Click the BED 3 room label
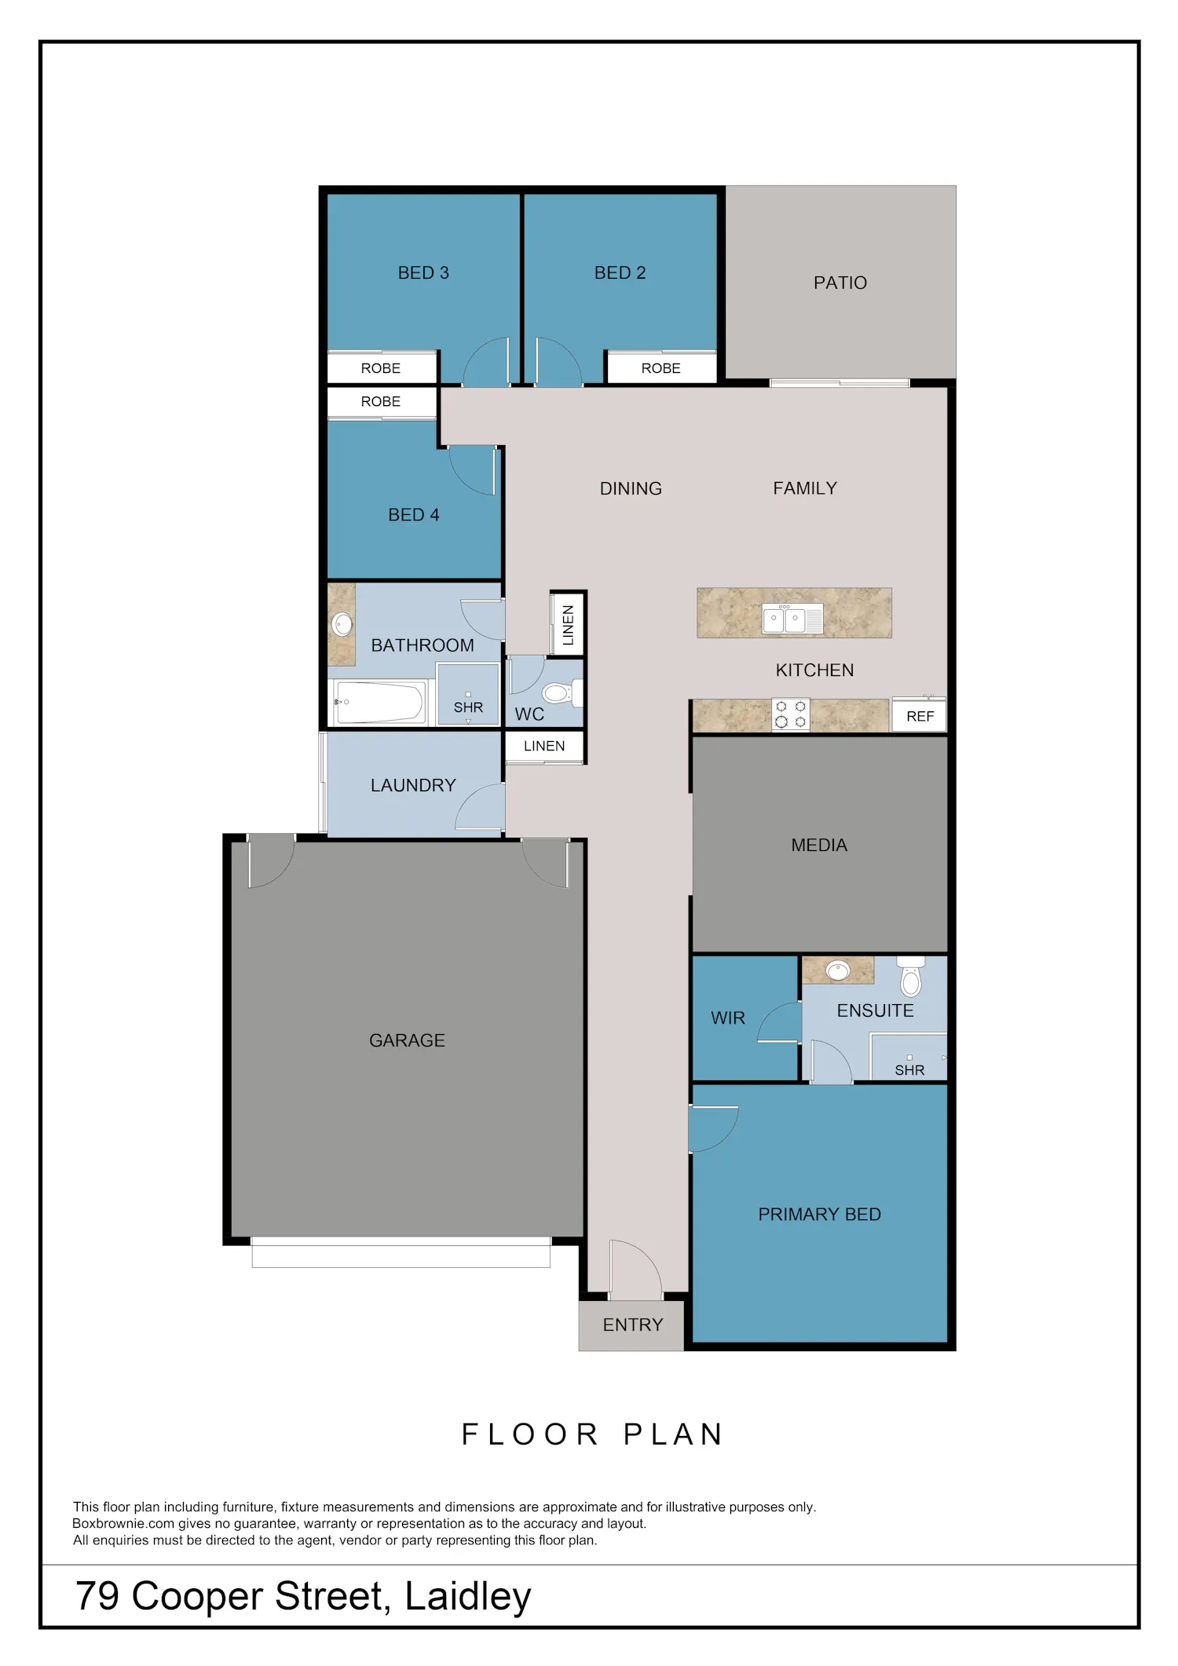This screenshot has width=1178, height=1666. [x=423, y=272]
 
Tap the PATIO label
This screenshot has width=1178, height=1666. [x=840, y=283]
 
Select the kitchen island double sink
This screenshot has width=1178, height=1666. [x=792, y=619]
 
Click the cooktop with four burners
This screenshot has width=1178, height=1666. [x=791, y=714]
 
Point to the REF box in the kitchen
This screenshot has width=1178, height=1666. [x=920, y=715]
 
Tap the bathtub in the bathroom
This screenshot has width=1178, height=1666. [x=379, y=702]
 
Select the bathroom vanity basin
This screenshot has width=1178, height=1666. [x=342, y=624]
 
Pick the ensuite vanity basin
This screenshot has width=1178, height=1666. [x=838, y=971]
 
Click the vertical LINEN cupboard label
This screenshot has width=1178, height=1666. [x=569, y=625]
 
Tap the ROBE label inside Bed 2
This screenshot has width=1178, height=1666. [x=661, y=368]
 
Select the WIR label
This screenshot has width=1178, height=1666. [x=728, y=1018]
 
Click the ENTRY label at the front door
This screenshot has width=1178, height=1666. [x=633, y=1325]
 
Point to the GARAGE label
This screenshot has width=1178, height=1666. [x=407, y=1040]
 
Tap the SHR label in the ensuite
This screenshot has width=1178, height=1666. [x=909, y=1070]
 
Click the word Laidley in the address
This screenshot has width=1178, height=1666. [x=468, y=1596]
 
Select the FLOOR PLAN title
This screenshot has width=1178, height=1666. [x=592, y=1434]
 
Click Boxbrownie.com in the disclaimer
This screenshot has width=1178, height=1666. [x=123, y=1523]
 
